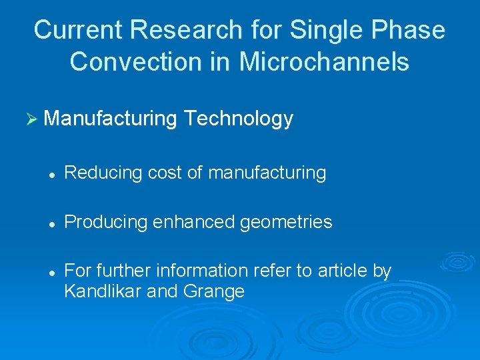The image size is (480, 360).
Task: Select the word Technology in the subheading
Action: click(x=238, y=119)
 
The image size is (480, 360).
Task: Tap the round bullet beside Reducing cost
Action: click(x=51, y=173)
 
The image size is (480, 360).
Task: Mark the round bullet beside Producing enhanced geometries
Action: click(x=51, y=222)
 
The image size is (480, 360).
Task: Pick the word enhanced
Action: click(x=184, y=222)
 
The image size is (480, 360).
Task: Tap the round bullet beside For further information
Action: click(x=51, y=271)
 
